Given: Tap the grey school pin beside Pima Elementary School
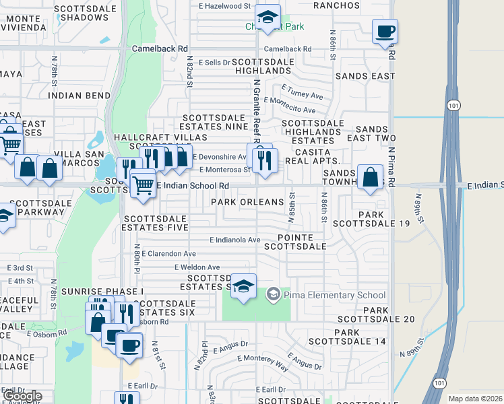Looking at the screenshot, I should pos(274,295).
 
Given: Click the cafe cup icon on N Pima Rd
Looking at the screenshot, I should pos(385,32).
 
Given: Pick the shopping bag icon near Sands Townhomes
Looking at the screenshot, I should pos(370,178).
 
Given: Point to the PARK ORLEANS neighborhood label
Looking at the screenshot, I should pos(247,202).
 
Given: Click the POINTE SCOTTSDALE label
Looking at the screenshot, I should pos(301,242).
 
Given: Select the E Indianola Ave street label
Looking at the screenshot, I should pos(234,240).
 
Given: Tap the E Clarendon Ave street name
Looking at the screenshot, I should pos(168,254).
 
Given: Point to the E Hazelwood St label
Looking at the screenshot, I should pos(224,6).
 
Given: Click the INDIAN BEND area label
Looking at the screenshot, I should pos(80,96).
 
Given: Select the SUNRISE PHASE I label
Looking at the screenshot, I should pos(102,291).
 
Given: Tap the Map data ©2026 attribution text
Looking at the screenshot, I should pos(474,399).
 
